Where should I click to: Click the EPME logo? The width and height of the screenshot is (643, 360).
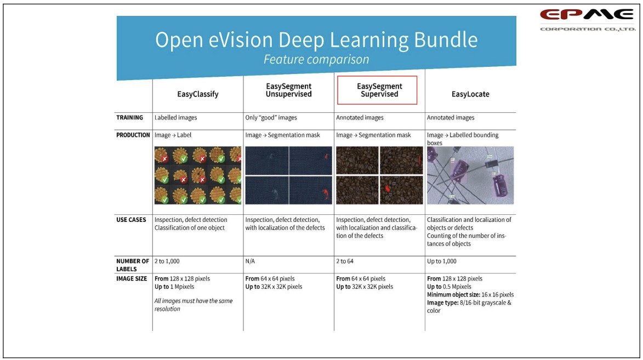pyautogui.click(x=588, y=20)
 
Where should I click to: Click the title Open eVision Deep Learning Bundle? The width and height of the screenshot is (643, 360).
pyautogui.click(x=316, y=40)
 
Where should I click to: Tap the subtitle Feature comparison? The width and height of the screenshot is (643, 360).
pyautogui.click(x=316, y=60)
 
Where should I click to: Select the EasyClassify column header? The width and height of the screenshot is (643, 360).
pyautogui.click(x=198, y=94)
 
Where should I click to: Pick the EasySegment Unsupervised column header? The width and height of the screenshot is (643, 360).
pyautogui.click(x=289, y=90)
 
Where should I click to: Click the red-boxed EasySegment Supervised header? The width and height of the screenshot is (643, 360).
pyautogui.click(x=377, y=90)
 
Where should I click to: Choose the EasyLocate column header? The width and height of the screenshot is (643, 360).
pyautogui.click(x=470, y=94)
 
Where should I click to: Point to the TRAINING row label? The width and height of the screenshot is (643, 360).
pyautogui.click(x=129, y=118)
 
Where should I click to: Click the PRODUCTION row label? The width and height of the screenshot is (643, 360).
pyautogui.click(x=133, y=135)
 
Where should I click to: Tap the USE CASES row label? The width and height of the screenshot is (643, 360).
pyautogui.click(x=131, y=220)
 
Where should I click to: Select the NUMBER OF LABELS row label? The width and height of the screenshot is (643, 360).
pyautogui.click(x=133, y=265)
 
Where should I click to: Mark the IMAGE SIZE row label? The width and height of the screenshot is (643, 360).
pyautogui.click(x=132, y=279)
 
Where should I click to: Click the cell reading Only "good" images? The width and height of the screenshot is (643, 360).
pyautogui.click(x=271, y=118)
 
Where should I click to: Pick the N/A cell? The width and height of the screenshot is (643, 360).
pyautogui.click(x=250, y=261)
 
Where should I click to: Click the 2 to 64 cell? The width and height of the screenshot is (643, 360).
pyautogui.click(x=345, y=261)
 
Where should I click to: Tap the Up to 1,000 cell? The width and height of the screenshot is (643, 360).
pyautogui.click(x=442, y=261)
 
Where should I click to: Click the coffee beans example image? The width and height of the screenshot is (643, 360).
pyautogui.click(x=379, y=175)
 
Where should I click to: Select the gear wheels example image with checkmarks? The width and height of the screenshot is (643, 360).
pyautogui.click(x=198, y=175)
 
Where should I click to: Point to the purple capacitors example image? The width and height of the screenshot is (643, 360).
pyautogui.click(x=470, y=175)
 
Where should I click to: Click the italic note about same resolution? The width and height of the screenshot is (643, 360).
pyautogui.click(x=194, y=305)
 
